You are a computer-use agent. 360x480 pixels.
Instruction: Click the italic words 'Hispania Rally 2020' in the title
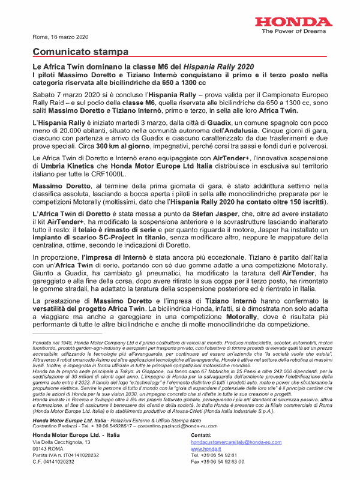click(x=218, y=66)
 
